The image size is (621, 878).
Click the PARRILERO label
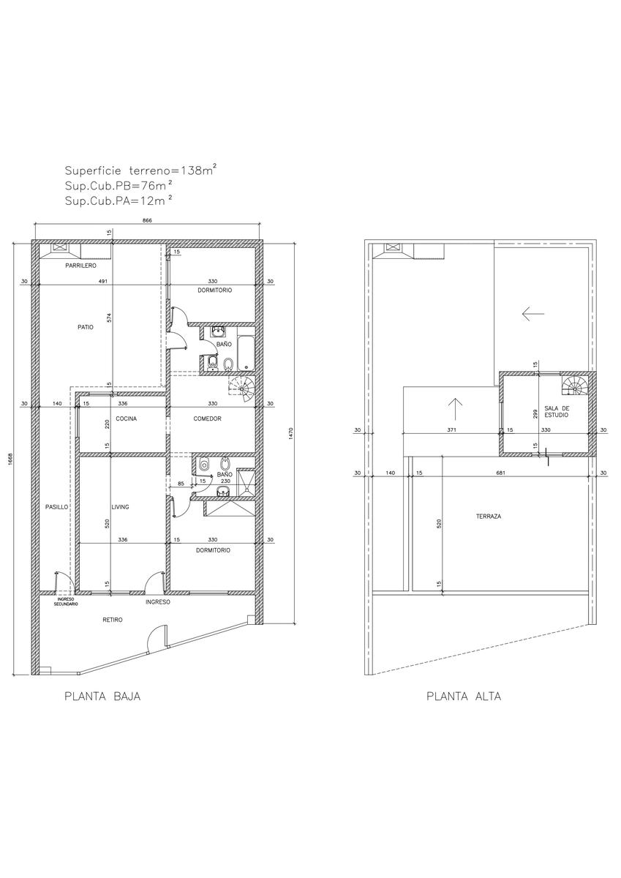coord(80,266)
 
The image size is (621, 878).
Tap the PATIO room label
coord(86,327)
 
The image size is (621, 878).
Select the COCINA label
coord(126,419)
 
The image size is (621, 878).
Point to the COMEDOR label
coord(207,419)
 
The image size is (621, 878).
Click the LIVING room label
coord(120,507)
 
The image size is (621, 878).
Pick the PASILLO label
coord(57,507)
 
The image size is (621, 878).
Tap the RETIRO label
coord(113,620)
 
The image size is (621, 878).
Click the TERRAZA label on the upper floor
coord(489,517)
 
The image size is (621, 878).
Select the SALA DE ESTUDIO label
coord(557,411)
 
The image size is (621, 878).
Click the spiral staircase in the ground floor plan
coord(242,389)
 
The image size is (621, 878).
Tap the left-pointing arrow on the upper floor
coord(532,314)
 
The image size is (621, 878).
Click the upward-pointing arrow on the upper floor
coord(455,409)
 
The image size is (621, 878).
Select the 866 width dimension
coord(146,221)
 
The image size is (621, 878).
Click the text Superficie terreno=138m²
coord(140,170)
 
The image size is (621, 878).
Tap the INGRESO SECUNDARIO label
coord(66,601)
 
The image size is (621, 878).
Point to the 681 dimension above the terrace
coord(500,473)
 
